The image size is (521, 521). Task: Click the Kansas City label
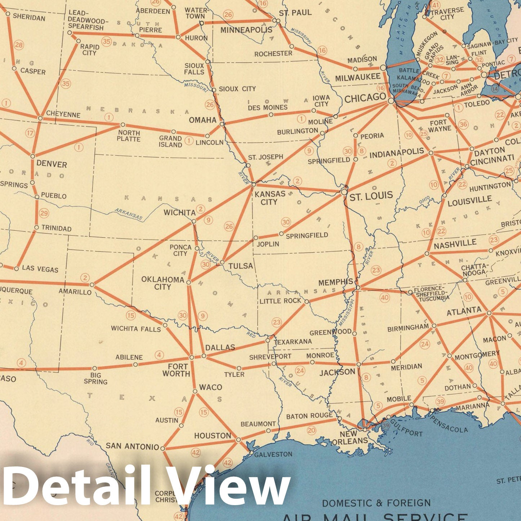(x=270, y=198)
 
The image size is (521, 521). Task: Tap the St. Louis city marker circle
(x=344, y=192)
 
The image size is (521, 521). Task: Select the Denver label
(x=52, y=164)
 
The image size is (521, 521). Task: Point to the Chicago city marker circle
(x=391, y=101)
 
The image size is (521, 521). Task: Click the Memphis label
(x=335, y=282)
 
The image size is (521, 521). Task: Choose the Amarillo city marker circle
(x=92, y=285)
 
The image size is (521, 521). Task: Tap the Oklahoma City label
(x=163, y=283)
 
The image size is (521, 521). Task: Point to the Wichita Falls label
(x=136, y=329)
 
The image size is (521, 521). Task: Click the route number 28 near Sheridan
(x=19, y=45)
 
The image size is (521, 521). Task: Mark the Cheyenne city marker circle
(x=40, y=118)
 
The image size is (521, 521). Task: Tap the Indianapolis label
(x=397, y=153)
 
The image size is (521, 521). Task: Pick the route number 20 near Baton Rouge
(x=311, y=430)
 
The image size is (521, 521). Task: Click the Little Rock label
(x=280, y=300)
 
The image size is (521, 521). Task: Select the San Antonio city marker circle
(x=162, y=449)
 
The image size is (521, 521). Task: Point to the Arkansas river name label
(x=129, y=214)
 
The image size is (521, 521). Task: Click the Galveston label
(x=273, y=454)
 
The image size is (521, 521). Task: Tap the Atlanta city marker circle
(x=489, y=313)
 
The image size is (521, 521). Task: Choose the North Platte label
(x=129, y=136)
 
